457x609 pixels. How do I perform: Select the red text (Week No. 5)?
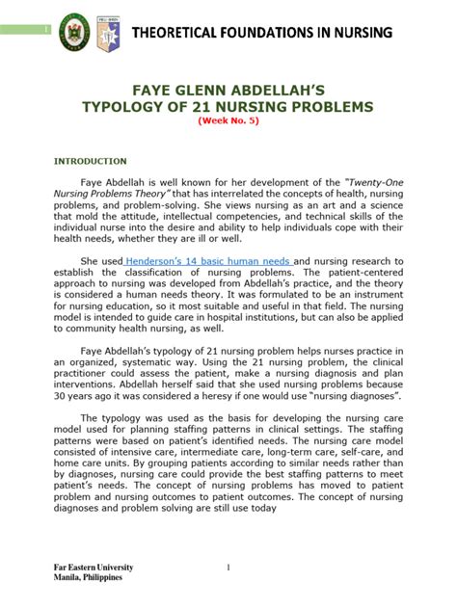pyautogui.click(x=228, y=121)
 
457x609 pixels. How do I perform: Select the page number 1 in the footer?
pyautogui.click(x=228, y=568)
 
